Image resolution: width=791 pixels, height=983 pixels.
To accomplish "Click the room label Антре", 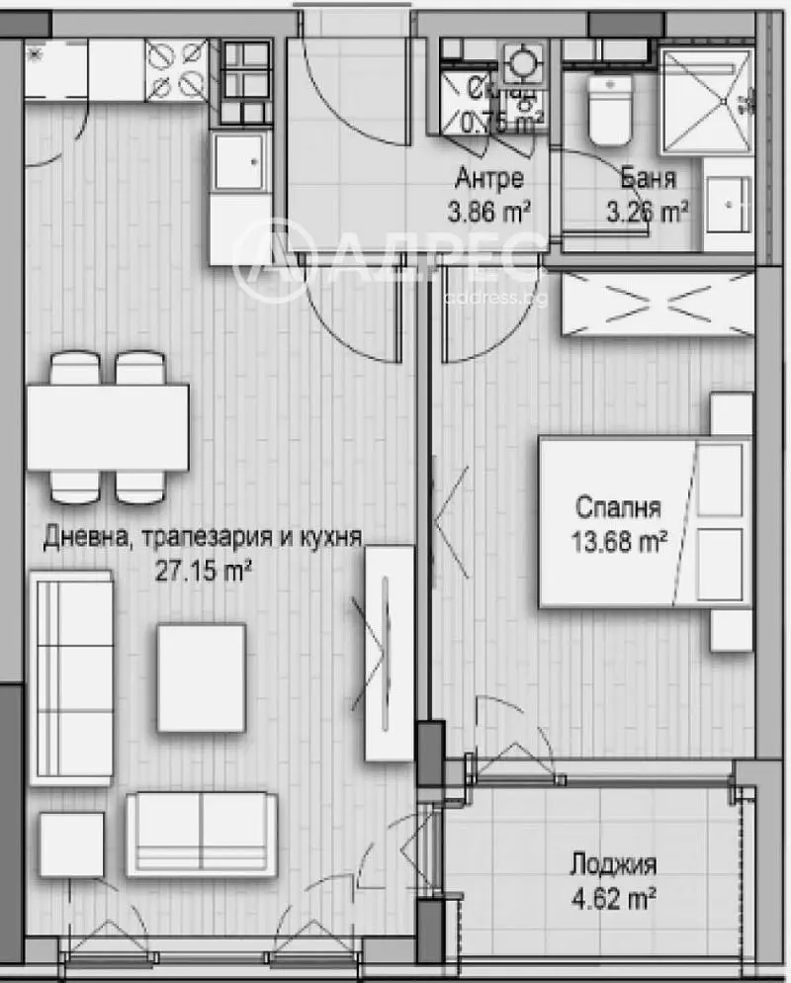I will coord(488,179).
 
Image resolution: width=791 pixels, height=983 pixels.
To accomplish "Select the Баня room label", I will coord(649,179).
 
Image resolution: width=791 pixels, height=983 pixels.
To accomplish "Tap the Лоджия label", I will coord(613,866).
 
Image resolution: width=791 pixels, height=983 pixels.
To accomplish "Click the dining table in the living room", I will coord(107,427).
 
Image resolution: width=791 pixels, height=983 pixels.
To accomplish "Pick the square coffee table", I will coord(201,677).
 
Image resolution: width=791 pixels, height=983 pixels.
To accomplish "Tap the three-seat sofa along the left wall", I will coord(70,677).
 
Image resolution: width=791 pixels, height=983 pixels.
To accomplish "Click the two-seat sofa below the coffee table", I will coord(201,833).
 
